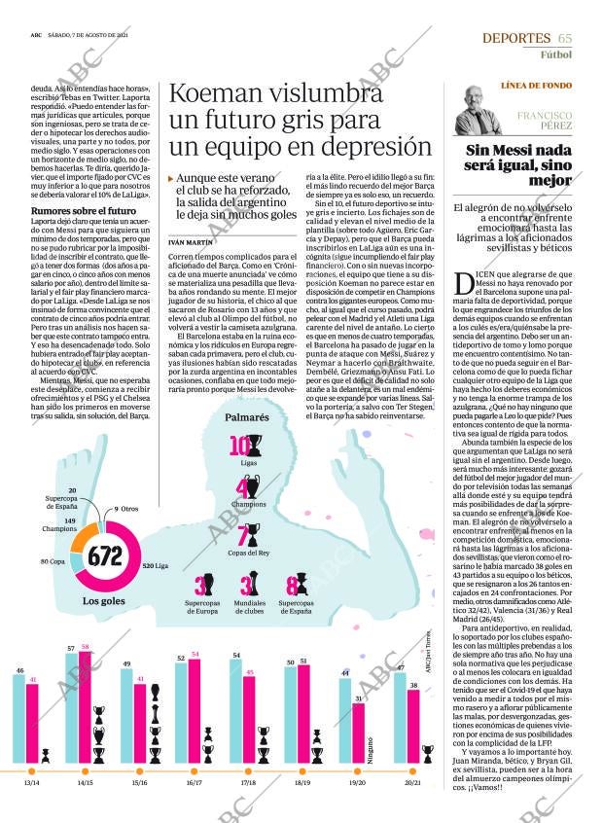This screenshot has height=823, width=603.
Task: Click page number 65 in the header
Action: click(565, 38)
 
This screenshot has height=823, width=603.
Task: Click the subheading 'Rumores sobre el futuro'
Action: click(84, 211)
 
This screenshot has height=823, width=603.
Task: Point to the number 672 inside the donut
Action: click(105, 557)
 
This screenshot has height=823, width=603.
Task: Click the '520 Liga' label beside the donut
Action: click(155, 565)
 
